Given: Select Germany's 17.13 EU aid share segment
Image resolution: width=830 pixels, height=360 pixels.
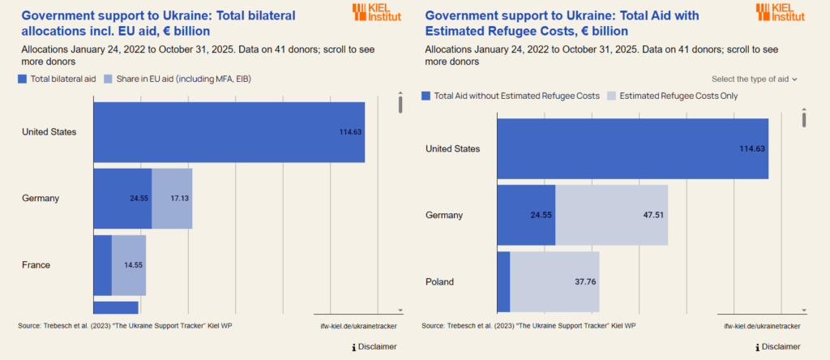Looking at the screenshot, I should pos(172,198).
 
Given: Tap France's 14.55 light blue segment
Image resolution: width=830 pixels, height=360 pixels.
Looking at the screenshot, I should pos(129,265).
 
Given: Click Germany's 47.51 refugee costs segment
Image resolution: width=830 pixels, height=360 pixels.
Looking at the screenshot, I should pos(611,215).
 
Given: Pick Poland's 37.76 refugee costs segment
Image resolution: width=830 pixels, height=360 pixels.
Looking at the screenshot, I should pos(554,281).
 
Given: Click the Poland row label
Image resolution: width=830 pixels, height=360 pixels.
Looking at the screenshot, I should pos(439,282).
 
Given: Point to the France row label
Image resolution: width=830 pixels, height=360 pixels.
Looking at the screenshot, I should pos(36,265).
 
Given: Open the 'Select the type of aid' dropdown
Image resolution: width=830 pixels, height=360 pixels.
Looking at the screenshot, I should pos(755,79).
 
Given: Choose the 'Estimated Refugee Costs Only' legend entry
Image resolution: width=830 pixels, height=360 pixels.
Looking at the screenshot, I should pos(673,96).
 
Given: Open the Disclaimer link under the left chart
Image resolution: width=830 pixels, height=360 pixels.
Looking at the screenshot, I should pos(374,347).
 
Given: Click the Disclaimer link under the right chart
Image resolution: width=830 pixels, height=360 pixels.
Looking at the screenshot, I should pos(778,347).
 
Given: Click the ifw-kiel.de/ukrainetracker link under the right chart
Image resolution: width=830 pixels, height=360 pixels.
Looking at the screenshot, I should pos(762,326).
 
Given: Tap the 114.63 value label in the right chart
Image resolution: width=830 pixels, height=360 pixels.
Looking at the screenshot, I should pos(752,148).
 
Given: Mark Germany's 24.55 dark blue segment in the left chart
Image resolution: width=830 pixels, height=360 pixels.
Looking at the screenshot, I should pos(122,198).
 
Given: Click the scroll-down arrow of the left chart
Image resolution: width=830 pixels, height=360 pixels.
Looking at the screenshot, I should pos(400,310).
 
